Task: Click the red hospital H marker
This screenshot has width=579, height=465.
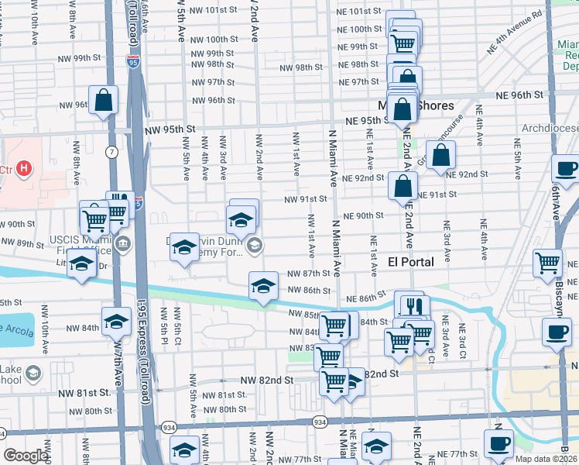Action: coord(25,167)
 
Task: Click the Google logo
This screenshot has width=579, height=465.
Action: coord(26,456)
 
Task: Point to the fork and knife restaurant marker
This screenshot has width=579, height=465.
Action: coord(415,306)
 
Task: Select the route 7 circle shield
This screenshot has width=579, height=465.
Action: coord(113,152)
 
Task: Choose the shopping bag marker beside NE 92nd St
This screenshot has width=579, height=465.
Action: coord(440,155)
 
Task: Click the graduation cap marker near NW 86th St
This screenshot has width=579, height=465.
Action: coord(263,287)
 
